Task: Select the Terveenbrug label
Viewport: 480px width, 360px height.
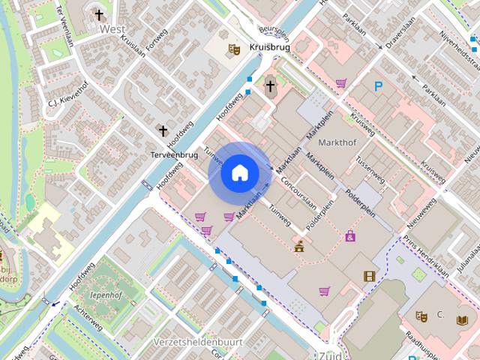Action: tap(173, 154)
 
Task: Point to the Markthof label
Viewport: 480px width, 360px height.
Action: tap(337, 142)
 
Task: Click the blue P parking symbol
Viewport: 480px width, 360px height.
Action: tap(379, 86)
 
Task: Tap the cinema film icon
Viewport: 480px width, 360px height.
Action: tap(368, 276)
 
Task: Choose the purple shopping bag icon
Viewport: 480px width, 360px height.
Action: tap(350, 236)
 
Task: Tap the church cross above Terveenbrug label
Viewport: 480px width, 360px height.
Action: tap(162, 130)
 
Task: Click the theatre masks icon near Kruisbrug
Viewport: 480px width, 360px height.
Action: tap(234, 49)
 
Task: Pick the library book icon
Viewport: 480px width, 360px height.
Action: tap(461, 320)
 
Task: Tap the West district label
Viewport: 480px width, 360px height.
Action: tap(112, 28)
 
